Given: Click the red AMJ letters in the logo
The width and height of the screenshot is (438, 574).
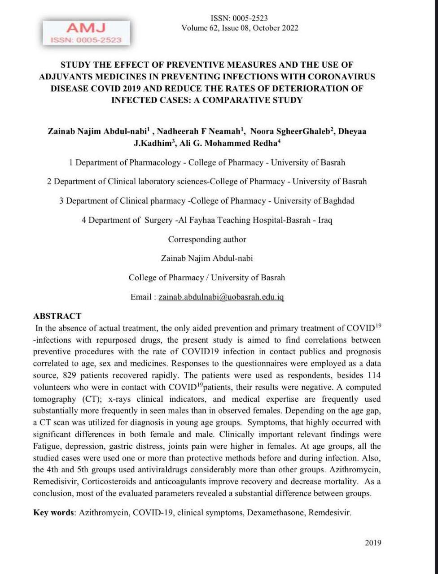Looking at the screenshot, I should click(x=86, y=28).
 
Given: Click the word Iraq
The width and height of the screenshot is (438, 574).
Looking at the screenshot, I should click(x=325, y=220).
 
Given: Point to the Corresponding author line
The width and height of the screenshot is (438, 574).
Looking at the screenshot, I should click(x=207, y=239).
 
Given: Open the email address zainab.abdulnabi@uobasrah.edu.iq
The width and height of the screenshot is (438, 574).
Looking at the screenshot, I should click(x=221, y=297).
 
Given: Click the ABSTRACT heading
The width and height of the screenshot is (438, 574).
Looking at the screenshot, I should click(x=57, y=316).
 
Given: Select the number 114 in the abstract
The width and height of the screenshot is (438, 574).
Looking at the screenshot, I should click(x=374, y=375).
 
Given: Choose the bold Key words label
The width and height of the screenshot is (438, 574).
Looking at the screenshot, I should click(x=53, y=513).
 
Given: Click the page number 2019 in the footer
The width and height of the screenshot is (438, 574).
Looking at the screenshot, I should click(x=373, y=543).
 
